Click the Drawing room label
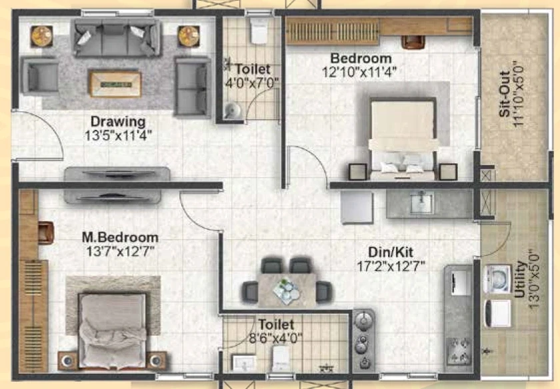[118, 122]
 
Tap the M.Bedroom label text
[120, 237]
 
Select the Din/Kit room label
[391, 252]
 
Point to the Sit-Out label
[504, 94]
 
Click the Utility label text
[519, 280]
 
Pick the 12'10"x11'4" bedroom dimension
[359, 73]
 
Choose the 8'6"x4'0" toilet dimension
[276, 338]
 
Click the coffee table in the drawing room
[115, 84]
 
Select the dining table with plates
[287, 290]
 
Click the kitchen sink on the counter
[422, 203]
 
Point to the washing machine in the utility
[497, 279]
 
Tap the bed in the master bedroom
[113, 330]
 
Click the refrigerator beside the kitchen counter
[357, 207]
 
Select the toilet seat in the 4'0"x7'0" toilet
[259, 31]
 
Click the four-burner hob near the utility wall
[459, 350]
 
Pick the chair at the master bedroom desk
[46, 232]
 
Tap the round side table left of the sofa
[42, 36]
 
